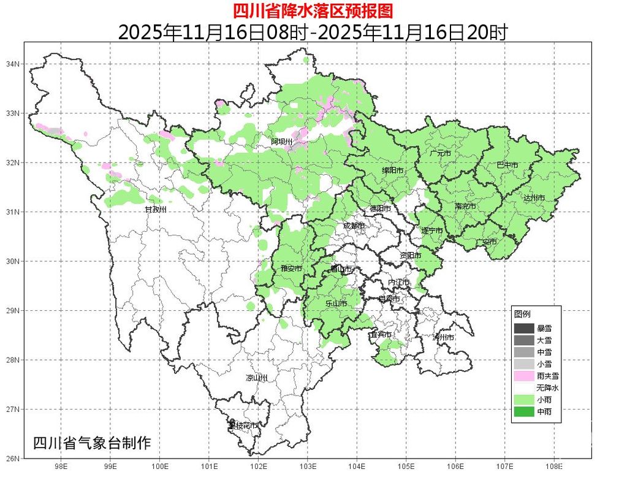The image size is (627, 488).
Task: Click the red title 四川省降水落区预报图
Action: point(313,10)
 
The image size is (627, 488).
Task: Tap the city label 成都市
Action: point(354,226)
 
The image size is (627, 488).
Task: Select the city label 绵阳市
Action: point(392,170)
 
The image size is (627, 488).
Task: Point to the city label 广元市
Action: point(440,153)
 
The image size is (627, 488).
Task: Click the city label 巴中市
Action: point(507,166)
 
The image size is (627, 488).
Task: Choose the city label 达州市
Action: point(534,198)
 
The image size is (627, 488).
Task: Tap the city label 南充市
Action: point(465,207)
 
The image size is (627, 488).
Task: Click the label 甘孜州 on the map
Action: point(155,210)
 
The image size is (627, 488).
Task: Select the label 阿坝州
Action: point(283,142)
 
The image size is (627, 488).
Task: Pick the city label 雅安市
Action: point(291,269)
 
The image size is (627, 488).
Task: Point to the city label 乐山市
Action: point(336,303)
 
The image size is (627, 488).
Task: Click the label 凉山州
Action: point(257,378)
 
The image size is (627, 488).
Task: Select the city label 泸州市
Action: point(443,338)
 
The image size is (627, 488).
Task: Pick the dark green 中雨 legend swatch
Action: point(524,411)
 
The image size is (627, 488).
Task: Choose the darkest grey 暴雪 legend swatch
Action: point(524,329)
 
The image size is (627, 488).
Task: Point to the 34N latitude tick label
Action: point(13,64)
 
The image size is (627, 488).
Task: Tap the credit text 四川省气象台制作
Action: point(91,443)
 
